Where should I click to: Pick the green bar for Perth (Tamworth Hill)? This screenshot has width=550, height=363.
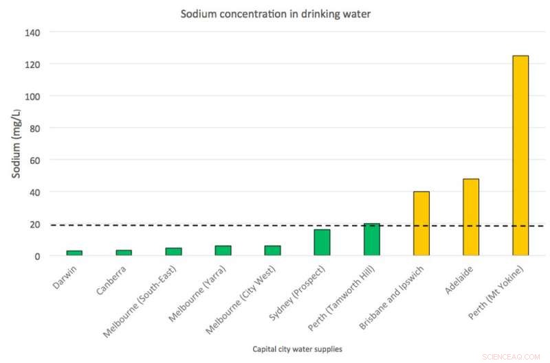372,239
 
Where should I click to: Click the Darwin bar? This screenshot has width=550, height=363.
74,253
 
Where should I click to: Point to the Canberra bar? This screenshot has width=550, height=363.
124,253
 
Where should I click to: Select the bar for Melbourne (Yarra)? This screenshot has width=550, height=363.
223,250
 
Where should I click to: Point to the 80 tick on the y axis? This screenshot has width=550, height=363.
34,128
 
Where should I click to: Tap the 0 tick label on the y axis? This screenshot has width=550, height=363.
37,256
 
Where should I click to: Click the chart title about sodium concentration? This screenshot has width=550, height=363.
275,14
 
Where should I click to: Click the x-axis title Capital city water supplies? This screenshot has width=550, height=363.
296,349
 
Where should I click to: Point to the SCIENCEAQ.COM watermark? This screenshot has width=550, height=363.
516,355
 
